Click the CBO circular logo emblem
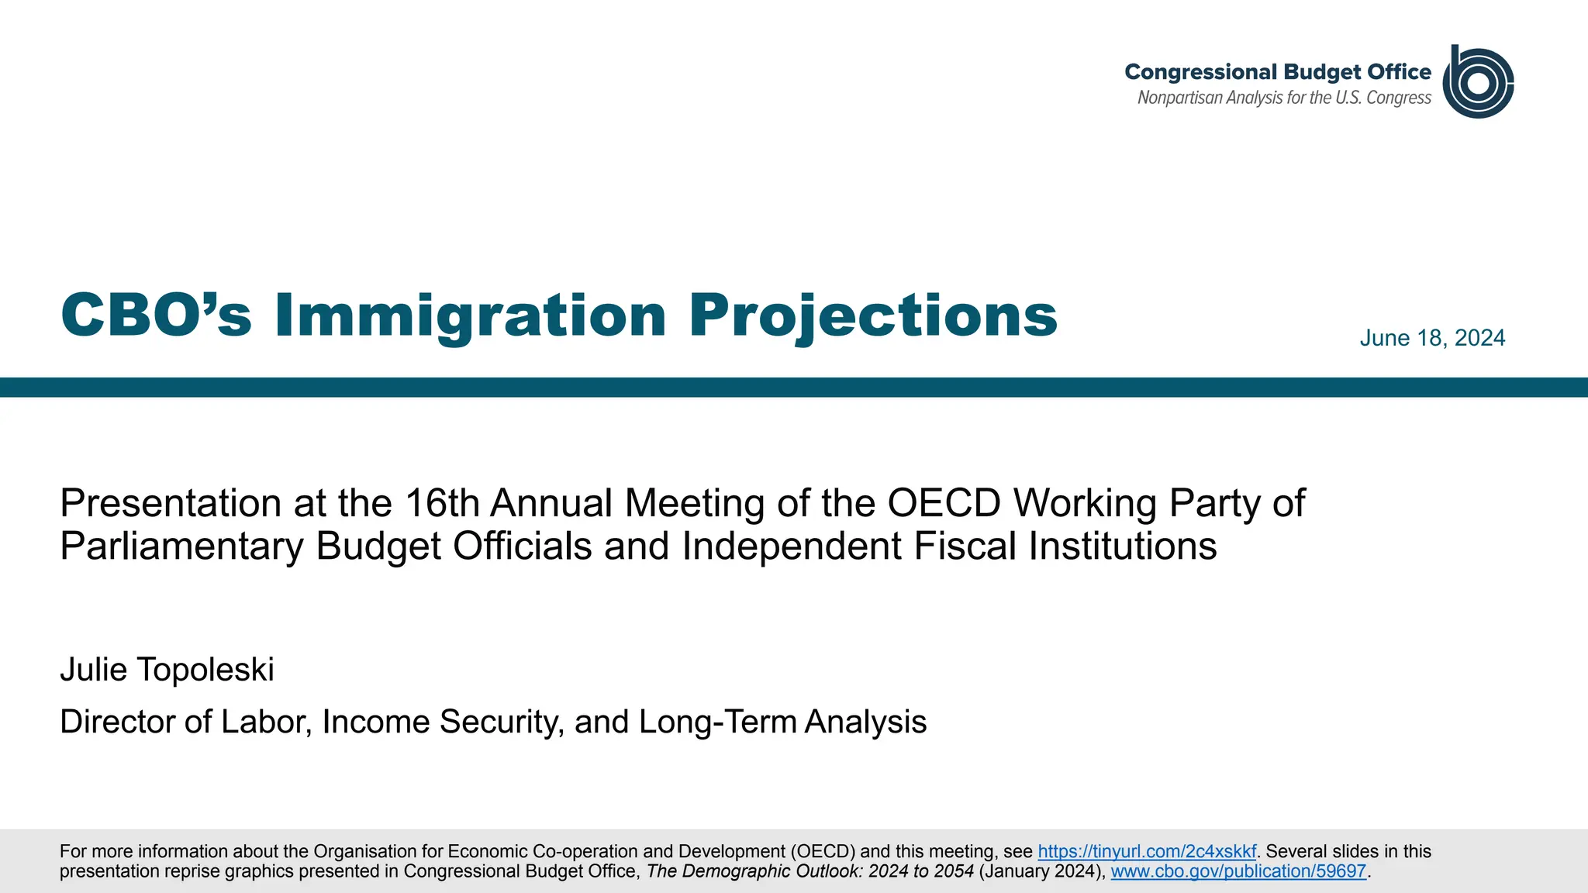tap(1478, 82)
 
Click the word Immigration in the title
tap(470, 315)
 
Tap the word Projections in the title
tap(873, 315)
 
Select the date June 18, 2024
tap(1432, 338)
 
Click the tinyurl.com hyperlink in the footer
tap(1146, 851)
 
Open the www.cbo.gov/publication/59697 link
tap(1238, 871)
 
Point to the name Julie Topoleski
tap(167, 670)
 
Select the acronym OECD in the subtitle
tap(944, 503)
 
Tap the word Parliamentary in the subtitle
tap(182, 546)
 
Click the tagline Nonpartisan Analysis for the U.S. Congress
tap(1284, 98)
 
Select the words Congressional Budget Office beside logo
tap(1277, 72)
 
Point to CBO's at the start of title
tap(156, 315)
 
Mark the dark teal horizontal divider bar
tap(794, 388)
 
